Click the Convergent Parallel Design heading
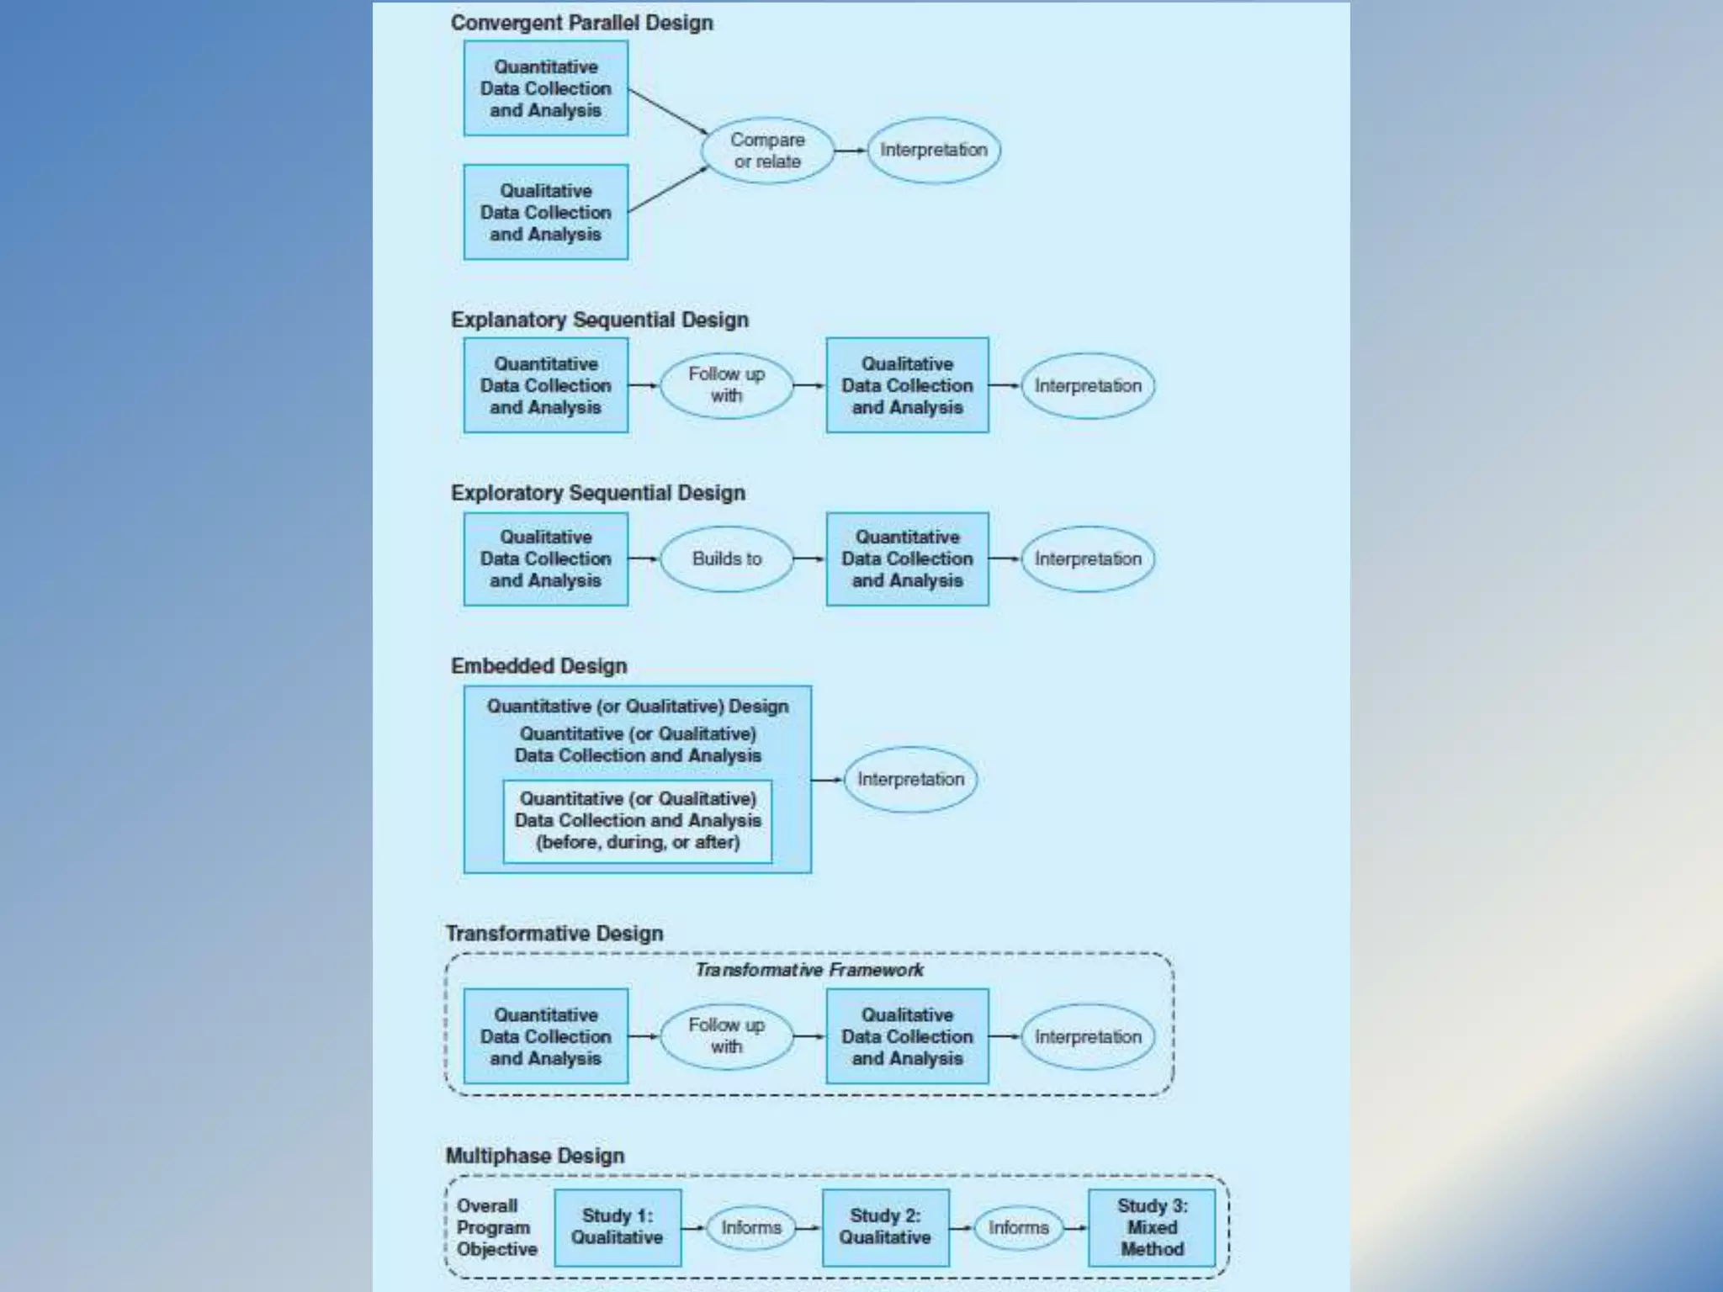click(581, 23)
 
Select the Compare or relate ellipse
click(767, 151)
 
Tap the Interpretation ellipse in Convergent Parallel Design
click(934, 151)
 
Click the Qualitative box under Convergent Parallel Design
click(546, 212)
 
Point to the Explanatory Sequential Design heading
click(599, 320)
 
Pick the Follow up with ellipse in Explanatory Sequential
click(727, 385)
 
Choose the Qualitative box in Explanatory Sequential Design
click(907, 385)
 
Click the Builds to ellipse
click(727, 559)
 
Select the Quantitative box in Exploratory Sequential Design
click(907, 559)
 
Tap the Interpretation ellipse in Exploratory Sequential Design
click(1088, 559)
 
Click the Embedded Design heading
click(538, 666)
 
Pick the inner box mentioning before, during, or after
click(638, 821)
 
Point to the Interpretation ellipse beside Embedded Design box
click(911, 780)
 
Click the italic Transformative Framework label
click(808, 970)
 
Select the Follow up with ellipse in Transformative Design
click(727, 1036)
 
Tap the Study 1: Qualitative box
click(618, 1227)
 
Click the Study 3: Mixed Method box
click(1152, 1227)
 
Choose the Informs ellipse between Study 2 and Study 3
click(1019, 1228)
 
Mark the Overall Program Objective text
click(496, 1227)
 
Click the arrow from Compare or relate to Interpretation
click(850, 151)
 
